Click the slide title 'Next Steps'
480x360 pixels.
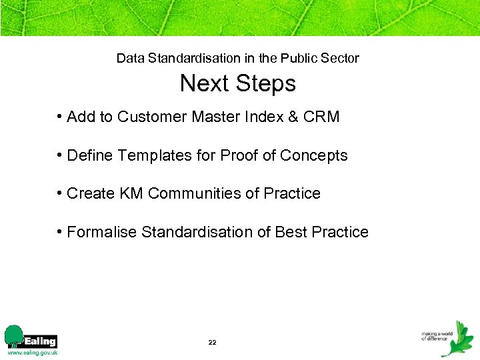(237, 84)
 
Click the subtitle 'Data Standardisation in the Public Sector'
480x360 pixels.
(237, 58)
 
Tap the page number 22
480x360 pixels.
(212, 342)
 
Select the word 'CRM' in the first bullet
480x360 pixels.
(321, 117)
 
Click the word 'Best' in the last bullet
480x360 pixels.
(291, 233)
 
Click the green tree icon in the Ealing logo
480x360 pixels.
(13, 335)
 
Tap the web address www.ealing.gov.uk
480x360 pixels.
(32, 352)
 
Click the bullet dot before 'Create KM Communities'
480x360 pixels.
(60, 194)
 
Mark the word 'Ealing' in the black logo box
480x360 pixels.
(40, 341)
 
